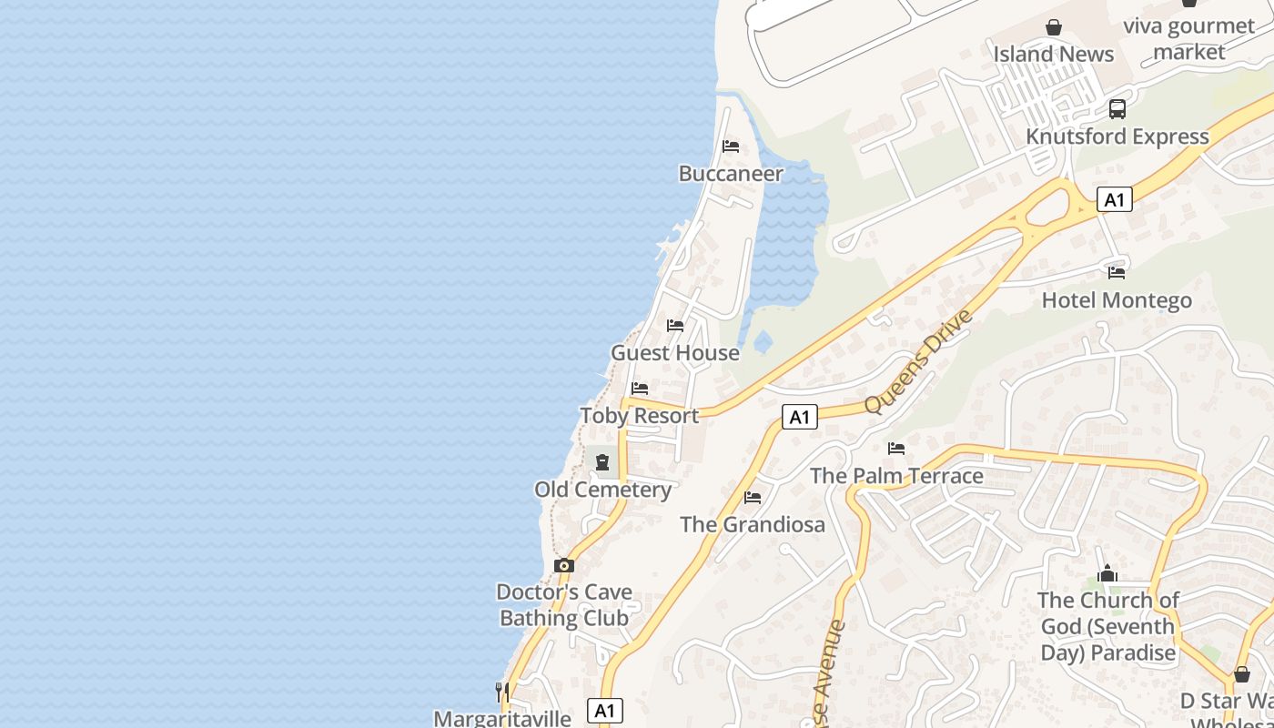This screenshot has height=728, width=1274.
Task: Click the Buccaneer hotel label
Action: click(731, 173)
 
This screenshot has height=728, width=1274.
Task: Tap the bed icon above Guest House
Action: click(675, 326)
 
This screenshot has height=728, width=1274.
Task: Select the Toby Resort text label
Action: click(640, 416)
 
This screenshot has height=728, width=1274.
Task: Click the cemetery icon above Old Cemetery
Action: click(602, 462)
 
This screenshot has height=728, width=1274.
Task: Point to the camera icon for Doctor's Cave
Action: click(564, 566)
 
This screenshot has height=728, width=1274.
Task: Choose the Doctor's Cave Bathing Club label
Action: click(564, 605)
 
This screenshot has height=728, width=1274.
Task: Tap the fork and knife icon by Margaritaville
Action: click(501, 692)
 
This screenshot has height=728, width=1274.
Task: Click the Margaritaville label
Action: click(502, 718)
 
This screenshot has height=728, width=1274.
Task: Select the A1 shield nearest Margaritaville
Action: click(605, 711)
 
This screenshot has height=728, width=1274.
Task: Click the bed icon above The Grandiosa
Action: click(753, 498)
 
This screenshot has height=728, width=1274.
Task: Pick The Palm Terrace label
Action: click(896, 475)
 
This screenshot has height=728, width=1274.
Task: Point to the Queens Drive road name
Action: click(918, 361)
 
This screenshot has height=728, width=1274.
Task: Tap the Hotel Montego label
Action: click(1117, 300)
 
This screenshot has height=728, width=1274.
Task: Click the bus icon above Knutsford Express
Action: click(1117, 109)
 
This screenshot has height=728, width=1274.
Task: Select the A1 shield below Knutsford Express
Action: click(1115, 199)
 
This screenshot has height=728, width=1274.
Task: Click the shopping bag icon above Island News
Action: click(1054, 27)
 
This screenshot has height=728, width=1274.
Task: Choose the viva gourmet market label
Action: click(1188, 38)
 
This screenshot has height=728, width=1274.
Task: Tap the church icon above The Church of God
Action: click(1107, 573)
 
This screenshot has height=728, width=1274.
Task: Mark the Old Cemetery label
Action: click(602, 490)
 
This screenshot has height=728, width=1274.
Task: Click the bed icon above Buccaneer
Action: click(731, 147)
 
